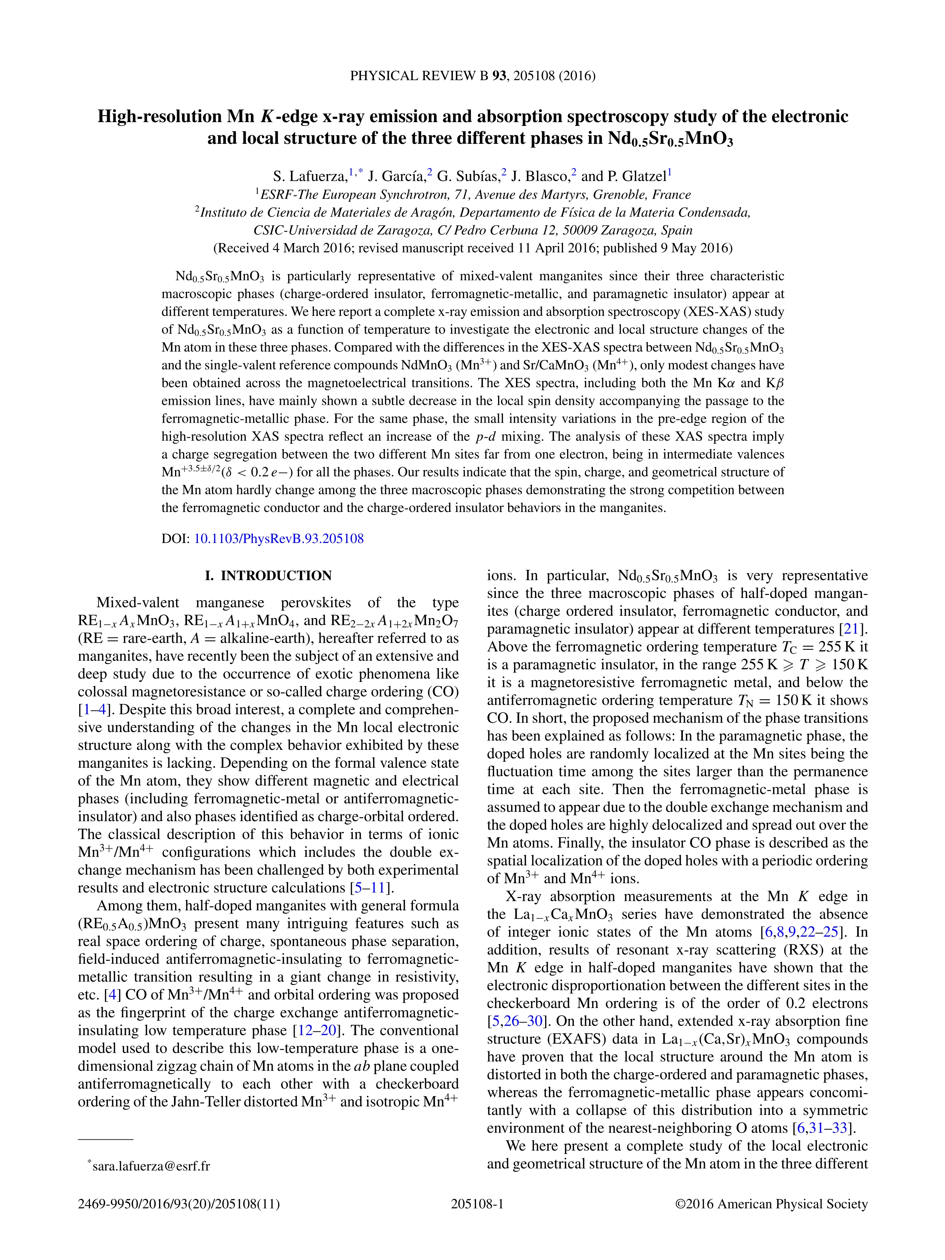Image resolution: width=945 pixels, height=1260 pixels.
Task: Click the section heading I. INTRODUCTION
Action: (268, 576)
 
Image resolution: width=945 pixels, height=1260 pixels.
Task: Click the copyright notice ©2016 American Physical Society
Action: (771, 1204)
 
